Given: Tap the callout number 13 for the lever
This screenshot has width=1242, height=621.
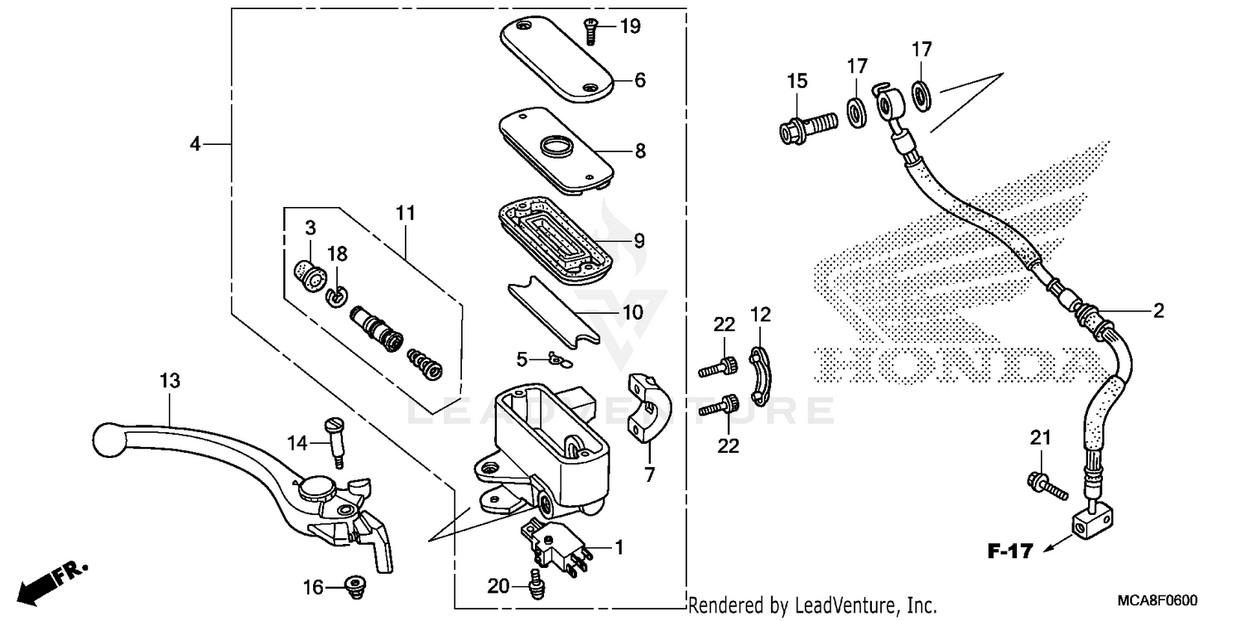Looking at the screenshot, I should coord(170,381).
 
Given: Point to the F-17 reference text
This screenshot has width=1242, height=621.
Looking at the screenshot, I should coord(1009,550).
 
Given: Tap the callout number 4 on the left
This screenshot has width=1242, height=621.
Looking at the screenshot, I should coord(195,144).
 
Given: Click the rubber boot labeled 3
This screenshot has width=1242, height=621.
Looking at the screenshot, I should coord(310,274).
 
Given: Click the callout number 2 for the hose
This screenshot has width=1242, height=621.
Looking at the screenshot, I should coord(1158,311).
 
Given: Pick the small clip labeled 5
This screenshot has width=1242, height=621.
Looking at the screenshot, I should coord(551,359).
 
